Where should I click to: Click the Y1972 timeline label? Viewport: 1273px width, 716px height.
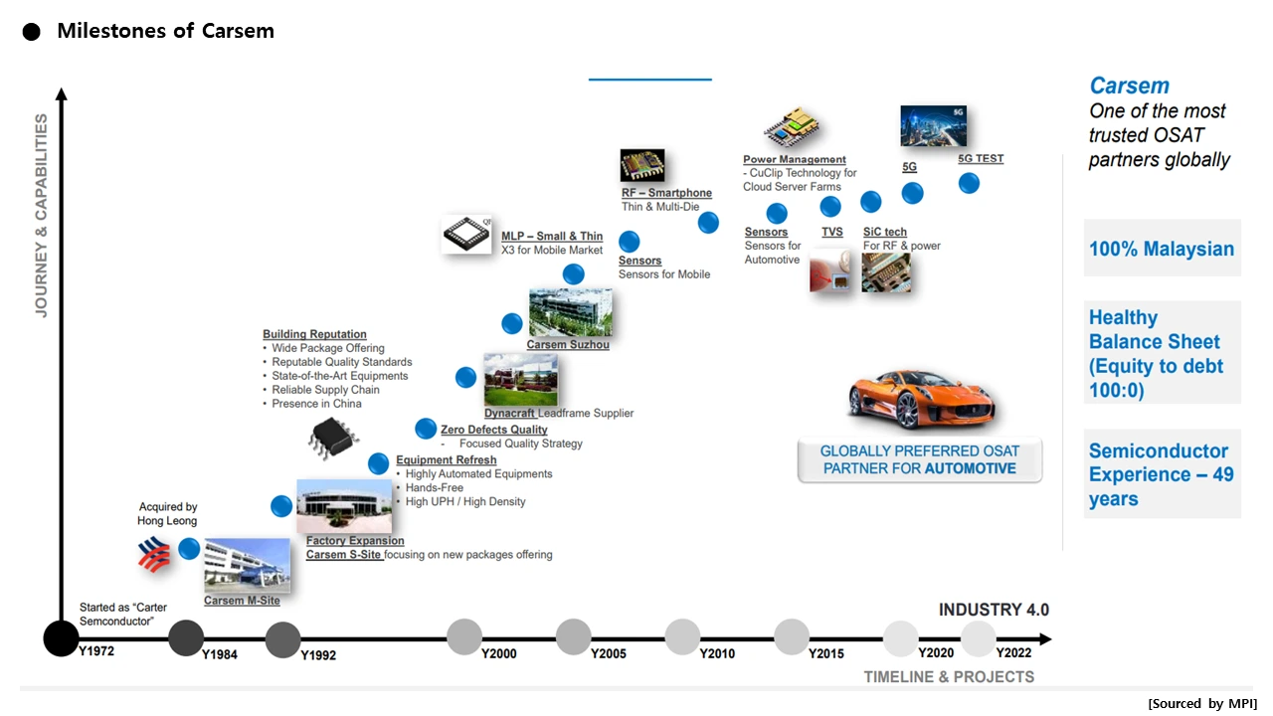(x=97, y=650)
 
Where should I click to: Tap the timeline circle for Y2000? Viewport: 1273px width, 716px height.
(x=464, y=636)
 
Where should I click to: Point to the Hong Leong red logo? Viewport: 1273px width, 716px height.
(x=154, y=555)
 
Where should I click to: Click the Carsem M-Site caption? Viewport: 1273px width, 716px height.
(x=242, y=601)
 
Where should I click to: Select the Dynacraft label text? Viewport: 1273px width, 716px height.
(x=510, y=413)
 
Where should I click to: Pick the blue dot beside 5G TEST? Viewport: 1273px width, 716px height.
(x=969, y=183)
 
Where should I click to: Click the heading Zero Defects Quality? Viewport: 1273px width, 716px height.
(x=494, y=430)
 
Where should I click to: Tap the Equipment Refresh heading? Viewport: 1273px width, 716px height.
(x=446, y=460)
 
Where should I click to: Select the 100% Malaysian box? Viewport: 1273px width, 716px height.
(x=1162, y=249)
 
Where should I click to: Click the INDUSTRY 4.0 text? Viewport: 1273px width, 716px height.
(x=994, y=610)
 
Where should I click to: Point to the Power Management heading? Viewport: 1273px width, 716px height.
(x=795, y=159)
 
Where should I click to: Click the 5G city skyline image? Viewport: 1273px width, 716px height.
(x=933, y=126)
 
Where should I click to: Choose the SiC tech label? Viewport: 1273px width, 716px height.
(x=885, y=232)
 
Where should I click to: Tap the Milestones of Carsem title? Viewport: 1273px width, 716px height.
(x=165, y=31)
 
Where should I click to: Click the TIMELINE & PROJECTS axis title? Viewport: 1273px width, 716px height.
(x=949, y=677)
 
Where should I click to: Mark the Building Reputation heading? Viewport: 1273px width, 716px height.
(x=314, y=334)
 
